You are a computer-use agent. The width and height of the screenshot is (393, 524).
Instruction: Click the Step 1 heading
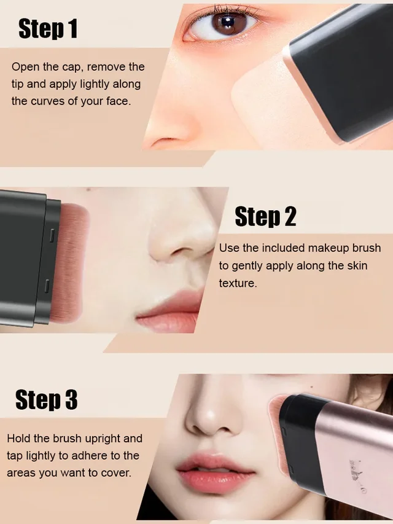48,28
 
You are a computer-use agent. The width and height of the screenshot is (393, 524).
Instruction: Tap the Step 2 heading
265,216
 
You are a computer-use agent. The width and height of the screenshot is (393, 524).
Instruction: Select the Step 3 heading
46,399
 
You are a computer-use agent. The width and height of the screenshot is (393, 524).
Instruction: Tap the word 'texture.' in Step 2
238,283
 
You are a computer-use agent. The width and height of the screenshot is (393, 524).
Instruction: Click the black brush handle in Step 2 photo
25,258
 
